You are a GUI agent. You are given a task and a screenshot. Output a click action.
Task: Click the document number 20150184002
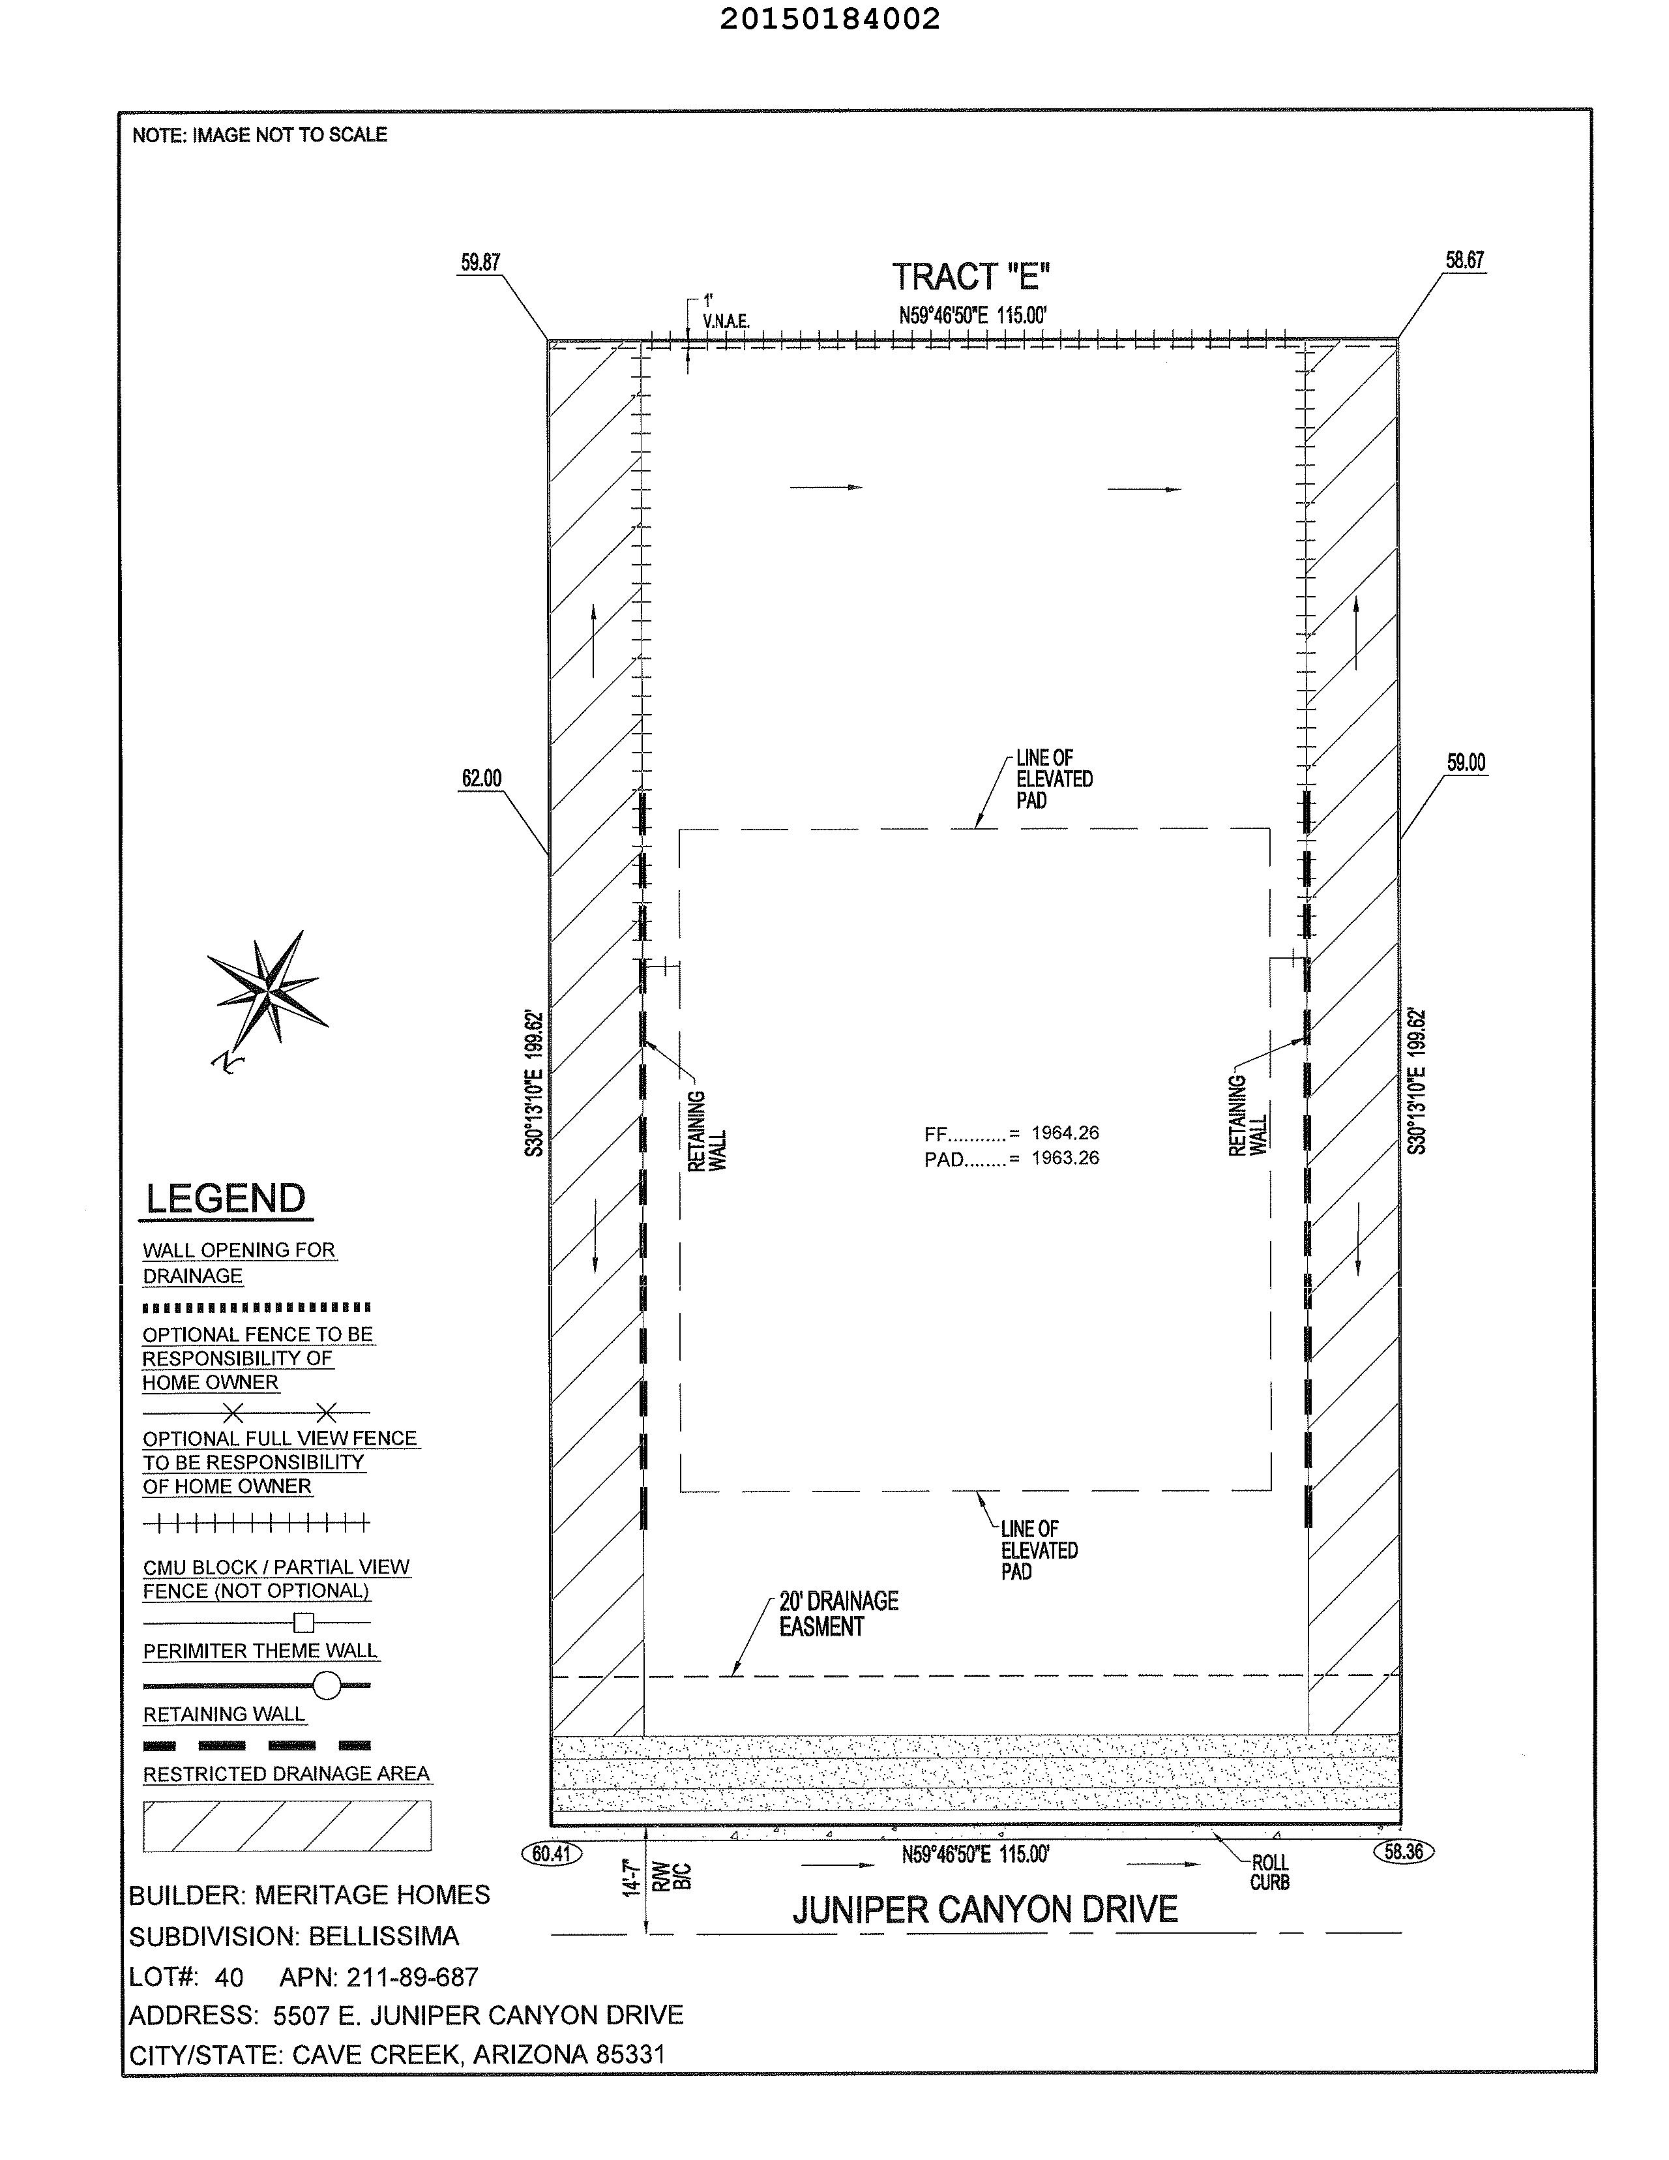click(829, 19)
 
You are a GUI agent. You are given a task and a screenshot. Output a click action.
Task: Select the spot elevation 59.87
click(480, 263)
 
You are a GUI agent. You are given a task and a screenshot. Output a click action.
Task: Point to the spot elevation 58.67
click(1464, 260)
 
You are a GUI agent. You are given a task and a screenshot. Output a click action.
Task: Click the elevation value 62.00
click(482, 778)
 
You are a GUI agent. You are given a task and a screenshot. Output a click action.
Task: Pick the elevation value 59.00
click(1466, 762)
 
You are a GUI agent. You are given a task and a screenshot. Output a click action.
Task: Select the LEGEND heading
click(226, 1199)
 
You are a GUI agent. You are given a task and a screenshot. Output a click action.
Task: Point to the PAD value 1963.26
click(1065, 1158)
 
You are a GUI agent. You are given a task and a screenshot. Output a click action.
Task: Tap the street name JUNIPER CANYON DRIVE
click(985, 1910)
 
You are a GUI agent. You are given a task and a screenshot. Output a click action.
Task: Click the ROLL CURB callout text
click(1269, 1873)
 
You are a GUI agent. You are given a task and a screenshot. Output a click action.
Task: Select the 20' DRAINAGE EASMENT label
click(838, 1614)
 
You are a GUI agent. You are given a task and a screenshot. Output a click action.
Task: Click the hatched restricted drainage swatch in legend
click(287, 1825)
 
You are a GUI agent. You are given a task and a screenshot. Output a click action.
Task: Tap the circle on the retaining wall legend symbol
click(326, 1685)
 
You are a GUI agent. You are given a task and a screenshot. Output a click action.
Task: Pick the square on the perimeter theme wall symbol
click(304, 1622)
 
